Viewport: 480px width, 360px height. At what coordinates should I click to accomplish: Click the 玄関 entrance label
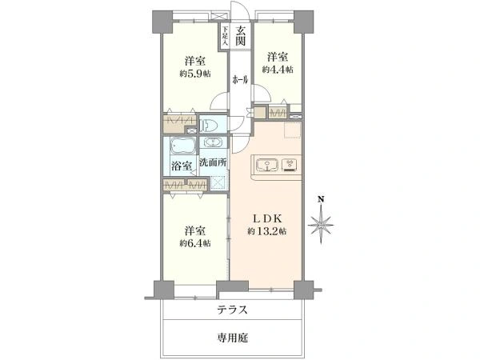pyautogui.click(x=241, y=35)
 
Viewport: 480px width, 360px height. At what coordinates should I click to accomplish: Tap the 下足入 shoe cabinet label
pyautogui.click(x=225, y=36)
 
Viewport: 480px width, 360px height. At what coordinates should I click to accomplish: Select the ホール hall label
pyautogui.click(x=240, y=80)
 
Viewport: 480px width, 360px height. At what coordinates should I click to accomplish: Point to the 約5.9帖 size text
pyautogui.click(x=195, y=74)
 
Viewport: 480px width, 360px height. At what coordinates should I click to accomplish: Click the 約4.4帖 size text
pyautogui.click(x=278, y=70)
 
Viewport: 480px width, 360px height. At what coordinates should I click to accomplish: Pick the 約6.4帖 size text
pyautogui.click(x=195, y=243)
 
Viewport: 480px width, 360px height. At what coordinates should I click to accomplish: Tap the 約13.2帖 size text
pyautogui.click(x=266, y=231)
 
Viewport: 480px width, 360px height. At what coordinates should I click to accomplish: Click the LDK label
pyautogui.click(x=266, y=218)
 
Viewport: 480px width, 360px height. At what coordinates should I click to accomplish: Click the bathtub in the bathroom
pyautogui.click(x=182, y=145)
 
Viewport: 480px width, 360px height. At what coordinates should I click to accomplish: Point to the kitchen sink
pyautogui.click(x=267, y=165)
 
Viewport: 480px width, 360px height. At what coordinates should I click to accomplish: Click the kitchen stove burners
pyautogui.click(x=289, y=164)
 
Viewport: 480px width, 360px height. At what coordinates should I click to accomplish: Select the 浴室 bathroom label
pyautogui.click(x=182, y=166)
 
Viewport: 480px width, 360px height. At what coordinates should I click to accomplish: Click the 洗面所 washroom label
pyautogui.click(x=214, y=162)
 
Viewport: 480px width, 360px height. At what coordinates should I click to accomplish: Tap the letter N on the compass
pyautogui.click(x=321, y=200)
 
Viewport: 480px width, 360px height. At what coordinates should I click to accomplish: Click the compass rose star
pyautogui.click(x=321, y=226)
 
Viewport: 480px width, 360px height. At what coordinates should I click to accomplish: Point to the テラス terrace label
pyautogui.click(x=232, y=310)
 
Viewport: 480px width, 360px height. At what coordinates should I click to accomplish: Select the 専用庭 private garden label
pyautogui.click(x=233, y=338)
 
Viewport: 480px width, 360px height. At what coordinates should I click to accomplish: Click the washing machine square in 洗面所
pyautogui.click(x=218, y=183)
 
